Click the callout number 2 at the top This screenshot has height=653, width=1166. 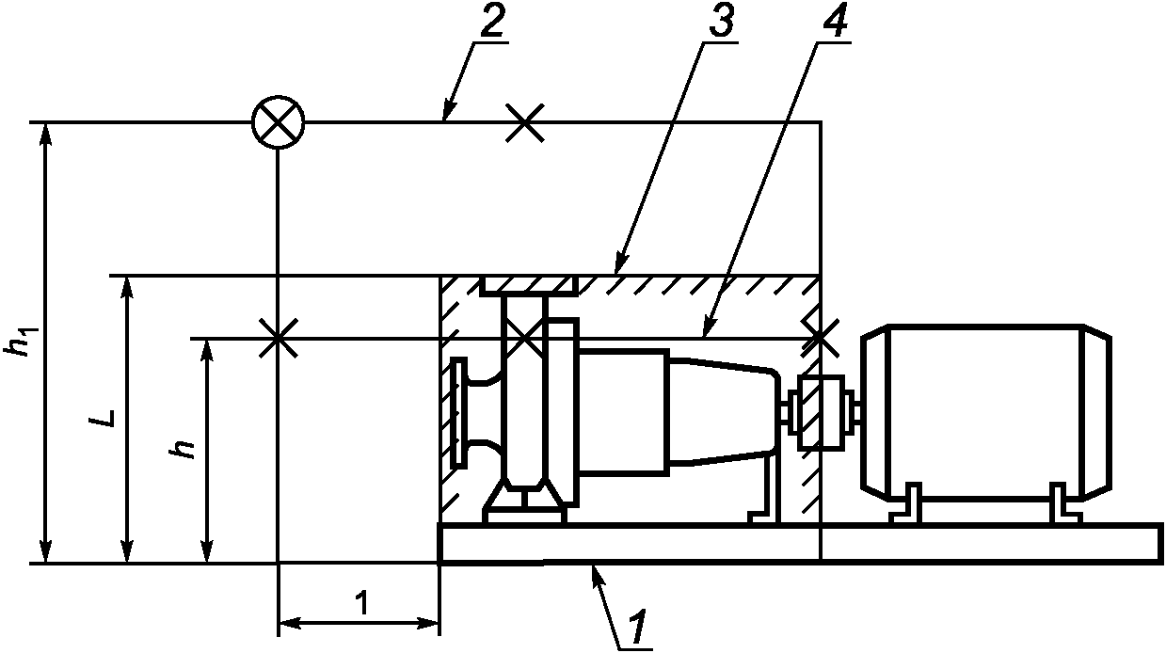(491, 21)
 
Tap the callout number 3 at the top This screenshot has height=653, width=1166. (721, 21)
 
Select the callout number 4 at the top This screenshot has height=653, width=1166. (834, 21)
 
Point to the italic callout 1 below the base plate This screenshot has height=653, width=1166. (637, 627)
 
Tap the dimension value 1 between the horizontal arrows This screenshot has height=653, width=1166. (360, 603)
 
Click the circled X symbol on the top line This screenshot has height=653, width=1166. (278, 122)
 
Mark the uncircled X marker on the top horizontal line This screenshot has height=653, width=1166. (525, 122)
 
